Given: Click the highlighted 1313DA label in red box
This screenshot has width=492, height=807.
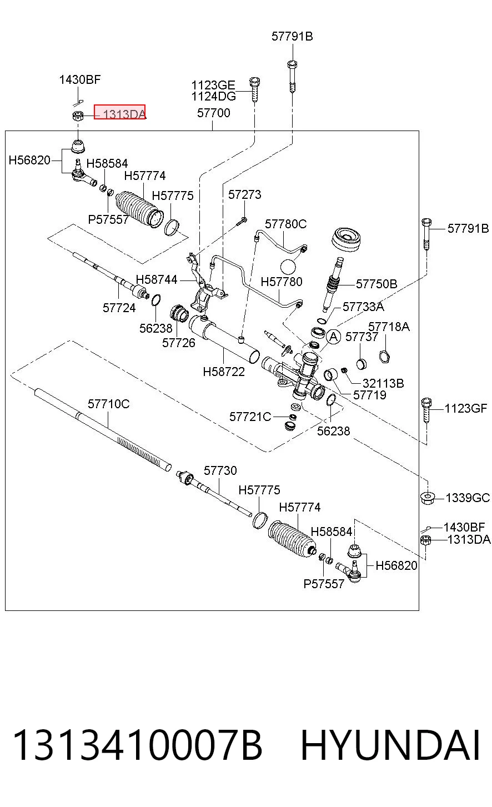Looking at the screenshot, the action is click(119, 112).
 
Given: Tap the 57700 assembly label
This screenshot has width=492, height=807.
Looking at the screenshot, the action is click(214, 113).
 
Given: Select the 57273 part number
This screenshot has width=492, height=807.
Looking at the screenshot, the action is click(244, 194).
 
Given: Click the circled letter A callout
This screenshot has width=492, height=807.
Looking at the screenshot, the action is click(334, 337).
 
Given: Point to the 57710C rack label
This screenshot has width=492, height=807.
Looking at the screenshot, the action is click(108, 404).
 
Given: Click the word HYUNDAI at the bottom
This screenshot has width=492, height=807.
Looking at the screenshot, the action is click(390, 745).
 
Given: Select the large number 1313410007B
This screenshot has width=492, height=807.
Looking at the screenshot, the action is click(137, 745).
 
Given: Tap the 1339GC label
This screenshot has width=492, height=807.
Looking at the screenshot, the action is click(468, 498).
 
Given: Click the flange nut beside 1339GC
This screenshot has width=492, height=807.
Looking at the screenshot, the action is click(427, 498).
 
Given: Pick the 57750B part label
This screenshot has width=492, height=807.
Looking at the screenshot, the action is click(376, 284).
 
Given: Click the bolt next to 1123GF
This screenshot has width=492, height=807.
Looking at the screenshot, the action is click(426, 410).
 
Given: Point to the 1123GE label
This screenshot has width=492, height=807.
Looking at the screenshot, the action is click(213, 86).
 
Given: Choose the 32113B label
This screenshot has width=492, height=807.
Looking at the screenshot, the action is click(383, 383).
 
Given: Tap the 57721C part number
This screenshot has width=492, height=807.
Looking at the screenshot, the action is click(250, 417).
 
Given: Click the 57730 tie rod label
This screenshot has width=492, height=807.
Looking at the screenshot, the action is click(220, 470).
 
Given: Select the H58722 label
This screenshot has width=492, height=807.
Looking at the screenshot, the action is click(224, 372).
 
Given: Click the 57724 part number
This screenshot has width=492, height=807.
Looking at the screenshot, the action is click(119, 308).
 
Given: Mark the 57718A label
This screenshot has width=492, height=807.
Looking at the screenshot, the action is click(389, 327).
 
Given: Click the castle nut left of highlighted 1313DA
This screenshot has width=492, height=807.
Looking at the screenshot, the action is click(78, 116).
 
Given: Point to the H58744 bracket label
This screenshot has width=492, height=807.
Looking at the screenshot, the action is click(156, 279).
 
